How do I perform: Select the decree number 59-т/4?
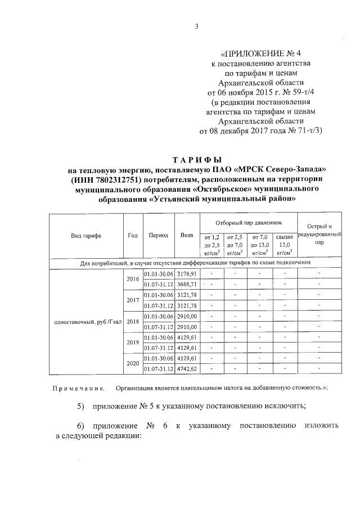(x=302, y=92)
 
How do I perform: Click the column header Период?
(x=159, y=236)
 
